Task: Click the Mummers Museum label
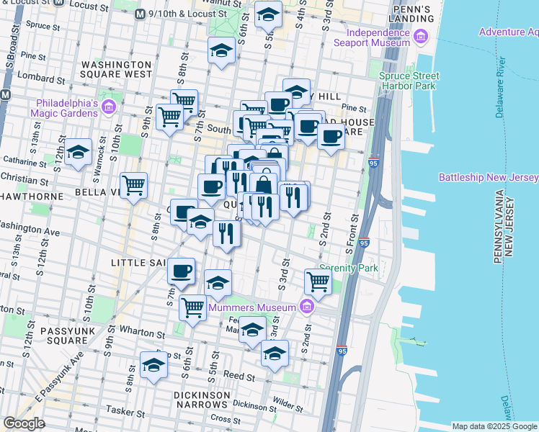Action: (x=252, y=307)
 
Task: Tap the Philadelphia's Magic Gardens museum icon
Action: (x=109, y=108)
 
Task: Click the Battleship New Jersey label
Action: (x=489, y=178)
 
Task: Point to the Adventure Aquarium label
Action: (x=508, y=32)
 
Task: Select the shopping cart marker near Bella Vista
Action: (x=134, y=185)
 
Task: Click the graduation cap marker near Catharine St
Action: (x=78, y=152)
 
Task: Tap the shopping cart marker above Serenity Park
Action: (x=317, y=281)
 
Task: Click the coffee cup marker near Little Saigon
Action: (x=182, y=271)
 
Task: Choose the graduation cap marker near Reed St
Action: (x=153, y=365)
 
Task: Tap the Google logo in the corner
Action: (x=24, y=423)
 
